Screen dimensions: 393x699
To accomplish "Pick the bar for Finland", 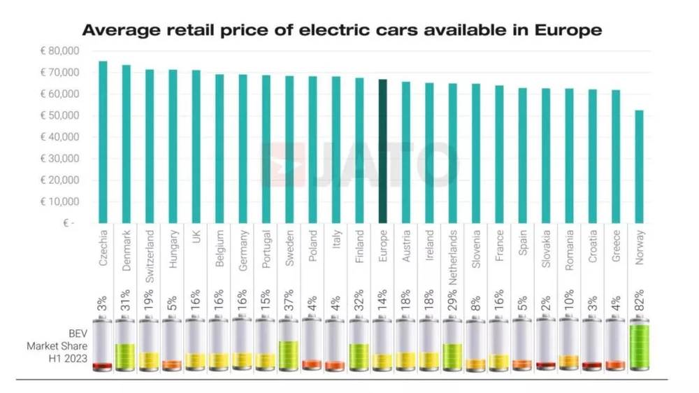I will pos(359,150).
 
